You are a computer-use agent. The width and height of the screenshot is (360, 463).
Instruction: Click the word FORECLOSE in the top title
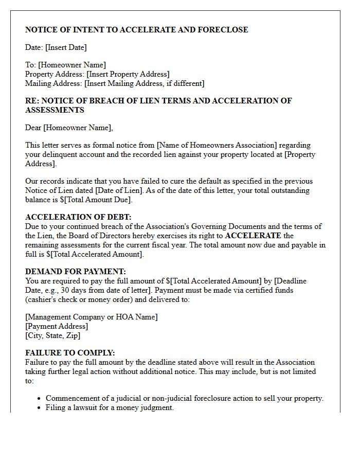tap(223, 30)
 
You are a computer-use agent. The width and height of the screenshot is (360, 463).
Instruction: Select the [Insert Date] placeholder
tap(66, 47)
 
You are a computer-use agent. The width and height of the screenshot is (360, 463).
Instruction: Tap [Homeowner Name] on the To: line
tap(72, 65)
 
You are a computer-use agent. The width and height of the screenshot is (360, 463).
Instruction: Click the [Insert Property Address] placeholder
tap(128, 74)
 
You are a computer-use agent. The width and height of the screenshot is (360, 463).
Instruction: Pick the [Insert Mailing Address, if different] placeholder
tap(145, 83)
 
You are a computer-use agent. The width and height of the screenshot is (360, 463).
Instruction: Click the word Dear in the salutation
tap(33, 128)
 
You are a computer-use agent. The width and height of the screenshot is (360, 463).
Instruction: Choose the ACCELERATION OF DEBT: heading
tap(78, 217)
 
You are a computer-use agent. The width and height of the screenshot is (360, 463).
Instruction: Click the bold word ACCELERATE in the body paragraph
tap(253, 236)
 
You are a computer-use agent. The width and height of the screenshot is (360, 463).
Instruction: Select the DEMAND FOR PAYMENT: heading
tap(76, 272)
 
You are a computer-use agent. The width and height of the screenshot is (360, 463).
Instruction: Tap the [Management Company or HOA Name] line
tap(92, 317)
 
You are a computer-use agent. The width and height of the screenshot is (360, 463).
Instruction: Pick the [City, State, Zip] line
tap(53, 335)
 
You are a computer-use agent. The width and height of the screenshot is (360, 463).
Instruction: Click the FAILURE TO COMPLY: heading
tap(70, 353)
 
